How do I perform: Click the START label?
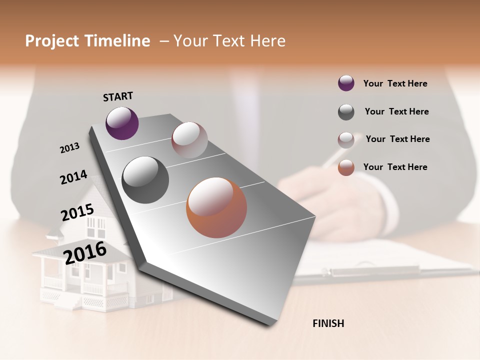pyautogui.click(x=118, y=96)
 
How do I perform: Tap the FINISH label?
pyautogui.click(x=328, y=323)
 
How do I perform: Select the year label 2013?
pyautogui.click(x=70, y=148)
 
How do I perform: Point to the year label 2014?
pyautogui.click(x=73, y=177)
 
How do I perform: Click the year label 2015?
pyautogui.click(x=77, y=212)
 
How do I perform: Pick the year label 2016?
pyautogui.click(x=85, y=252)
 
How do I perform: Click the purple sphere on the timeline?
pyautogui.click(x=122, y=123)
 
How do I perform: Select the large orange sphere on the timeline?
pyautogui.click(x=216, y=207)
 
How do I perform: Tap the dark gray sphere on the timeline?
pyautogui.click(x=145, y=180)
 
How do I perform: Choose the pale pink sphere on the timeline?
pyautogui.click(x=189, y=140)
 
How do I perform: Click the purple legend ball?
pyautogui.click(x=346, y=83)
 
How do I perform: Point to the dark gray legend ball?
pyautogui.click(x=346, y=112)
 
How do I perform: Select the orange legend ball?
pyautogui.click(x=346, y=167)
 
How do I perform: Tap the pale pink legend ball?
pyautogui.click(x=346, y=140)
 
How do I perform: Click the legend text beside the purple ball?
pyautogui.click(x=395, y=84)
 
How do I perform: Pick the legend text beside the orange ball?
pyautogui.click(x=395, y=167)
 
